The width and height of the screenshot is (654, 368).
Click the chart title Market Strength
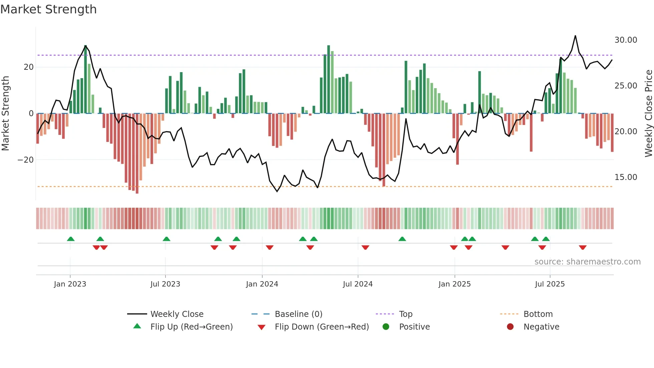(48, 9)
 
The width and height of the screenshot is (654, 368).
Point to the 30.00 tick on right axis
(626, 40)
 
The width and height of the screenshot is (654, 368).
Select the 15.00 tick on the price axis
(626, 177)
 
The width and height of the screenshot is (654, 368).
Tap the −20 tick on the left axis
(26, 160)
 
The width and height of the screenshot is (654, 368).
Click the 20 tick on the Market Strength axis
(29, 67)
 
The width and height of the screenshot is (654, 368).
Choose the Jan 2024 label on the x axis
(262, 284)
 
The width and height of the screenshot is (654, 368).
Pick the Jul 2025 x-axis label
(550, 284)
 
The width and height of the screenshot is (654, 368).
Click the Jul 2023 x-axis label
(165, 284)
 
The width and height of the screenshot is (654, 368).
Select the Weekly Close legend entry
(177, 314)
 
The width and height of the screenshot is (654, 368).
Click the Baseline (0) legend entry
(298, 314)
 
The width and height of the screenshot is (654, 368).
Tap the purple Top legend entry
(405, 314)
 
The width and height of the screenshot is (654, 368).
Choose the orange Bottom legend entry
(538, 314)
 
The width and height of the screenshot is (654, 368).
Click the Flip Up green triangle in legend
(137, 326)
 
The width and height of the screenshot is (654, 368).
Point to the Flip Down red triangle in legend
(262, 327)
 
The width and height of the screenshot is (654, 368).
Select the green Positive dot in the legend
(386, 327)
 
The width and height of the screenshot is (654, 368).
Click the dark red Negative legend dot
(510, 327)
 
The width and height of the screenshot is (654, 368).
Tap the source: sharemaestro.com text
(587, 262)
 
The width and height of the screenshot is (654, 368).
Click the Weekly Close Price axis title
(648, 114)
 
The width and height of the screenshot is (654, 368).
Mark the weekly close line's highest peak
(575, 36)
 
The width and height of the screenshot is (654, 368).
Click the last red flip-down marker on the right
(583, 247)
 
